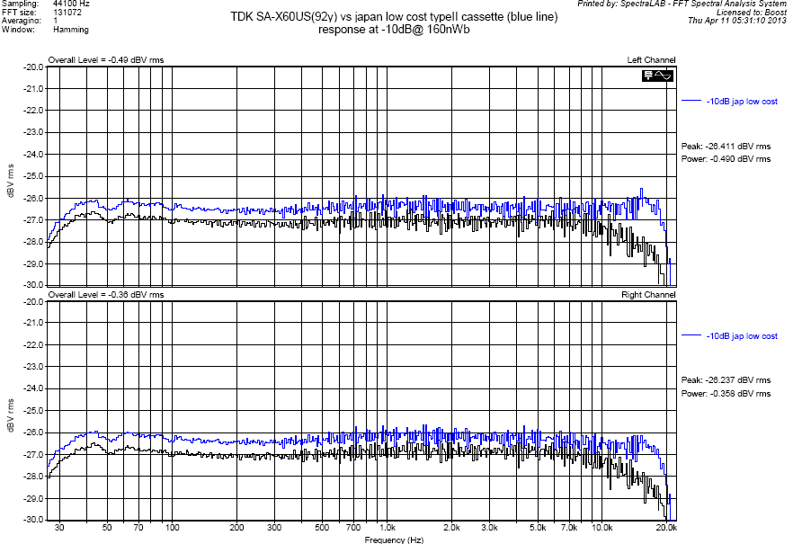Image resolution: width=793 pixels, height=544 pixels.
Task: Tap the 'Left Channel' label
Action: pyautogui.click(x=651, y=60)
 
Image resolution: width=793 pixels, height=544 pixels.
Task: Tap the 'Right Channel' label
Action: pyautogui.click(x=648, y=295)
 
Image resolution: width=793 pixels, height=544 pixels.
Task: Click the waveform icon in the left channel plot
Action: pyautogui.click(x=657, y=76)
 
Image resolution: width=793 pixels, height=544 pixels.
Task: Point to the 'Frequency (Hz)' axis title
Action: pyautogui.click(x=394, y=540)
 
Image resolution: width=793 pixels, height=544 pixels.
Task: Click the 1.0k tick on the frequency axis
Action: pyautogui.click(x=388, y=528)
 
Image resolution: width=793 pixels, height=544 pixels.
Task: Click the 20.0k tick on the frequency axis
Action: pyautogui.click(x=666, y=528)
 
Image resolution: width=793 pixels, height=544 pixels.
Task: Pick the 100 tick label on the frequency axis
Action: pyautogui.click(x=172, y=528)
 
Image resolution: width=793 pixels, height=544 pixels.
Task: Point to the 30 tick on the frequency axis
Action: pyautogui.click(x=59, y=528)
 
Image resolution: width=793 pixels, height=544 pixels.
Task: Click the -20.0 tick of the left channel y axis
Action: pyautogui.click(x=33, y=67)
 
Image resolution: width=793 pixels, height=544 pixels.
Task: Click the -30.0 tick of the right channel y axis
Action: pyautogui.click(x=33, y=520)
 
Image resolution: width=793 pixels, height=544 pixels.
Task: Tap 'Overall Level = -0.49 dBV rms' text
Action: pyautogui.click(x=106, y=60)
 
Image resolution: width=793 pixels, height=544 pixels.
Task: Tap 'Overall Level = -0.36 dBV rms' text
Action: pyautogui.click(x=106, y=295)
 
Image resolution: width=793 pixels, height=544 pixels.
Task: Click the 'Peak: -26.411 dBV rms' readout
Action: pyautogui.click(x=726, y=146)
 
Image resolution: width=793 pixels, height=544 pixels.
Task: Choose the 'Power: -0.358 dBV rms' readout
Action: pyautogui.click(x=726, y=394)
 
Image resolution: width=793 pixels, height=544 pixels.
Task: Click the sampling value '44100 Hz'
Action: pyautogui.click(x=72, y=4)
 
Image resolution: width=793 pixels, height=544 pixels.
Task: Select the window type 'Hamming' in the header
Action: pyautogui.click(x=71, y=30)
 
